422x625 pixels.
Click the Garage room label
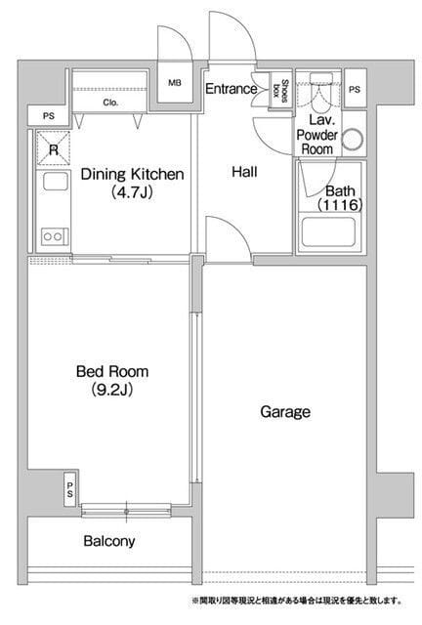click(x=285, y=411)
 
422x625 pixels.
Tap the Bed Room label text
click(x=112, y=371)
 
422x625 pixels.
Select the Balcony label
click(x=109, y=541)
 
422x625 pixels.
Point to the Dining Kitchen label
click(x=133, y=174)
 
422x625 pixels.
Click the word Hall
click(x=244, y=172)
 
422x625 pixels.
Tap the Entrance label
click(x=231, y=89)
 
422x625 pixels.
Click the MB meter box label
click(x=175, y=83)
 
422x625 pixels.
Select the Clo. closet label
click(x=110, y=103)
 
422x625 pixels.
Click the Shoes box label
click(x=280, y=91)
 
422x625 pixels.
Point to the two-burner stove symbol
click(x=54, y=236)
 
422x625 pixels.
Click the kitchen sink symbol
click(x=56, y=181)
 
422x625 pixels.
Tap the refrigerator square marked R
click(x=54, y=148)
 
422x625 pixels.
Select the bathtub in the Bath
click(x=328, y=232)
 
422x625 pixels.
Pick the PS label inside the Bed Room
click(x=70, y=489)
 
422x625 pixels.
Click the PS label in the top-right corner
click(x=355, y=90)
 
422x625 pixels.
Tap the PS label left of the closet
click(x=49, y=116)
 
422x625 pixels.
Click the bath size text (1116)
click(x=340, y=205)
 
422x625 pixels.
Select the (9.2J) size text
click(x=112, y=390)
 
